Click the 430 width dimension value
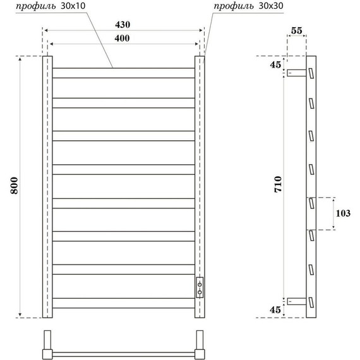point(123,25)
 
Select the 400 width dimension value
point(123,39)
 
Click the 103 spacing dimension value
point(343,213)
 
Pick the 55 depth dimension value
point(297,30)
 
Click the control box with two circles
point(200,287)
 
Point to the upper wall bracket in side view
point(296,73)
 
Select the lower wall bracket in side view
point(296,301)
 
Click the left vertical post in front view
point(47,186)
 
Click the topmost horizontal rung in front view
point(123,68)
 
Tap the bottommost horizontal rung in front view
point(123,308)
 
